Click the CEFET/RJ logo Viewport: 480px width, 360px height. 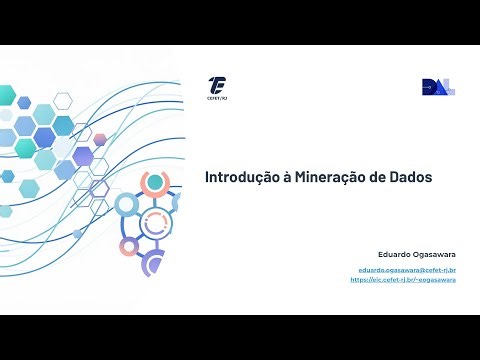(x=217, y=85)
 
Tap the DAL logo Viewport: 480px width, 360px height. (x=438, y=87)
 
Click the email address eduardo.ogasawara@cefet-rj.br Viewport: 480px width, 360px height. (x=408, y=270)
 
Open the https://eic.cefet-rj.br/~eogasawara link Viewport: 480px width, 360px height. (x=403, y=280)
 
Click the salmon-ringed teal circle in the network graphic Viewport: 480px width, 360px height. (x=154, y=183)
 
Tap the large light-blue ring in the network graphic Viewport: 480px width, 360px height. (x=126, y=206)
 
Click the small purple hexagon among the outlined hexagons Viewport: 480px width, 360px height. (x=99, y=139)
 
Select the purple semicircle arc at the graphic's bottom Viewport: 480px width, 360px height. (x=151, y=264)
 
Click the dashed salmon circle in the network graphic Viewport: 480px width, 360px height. (x=151, y=226)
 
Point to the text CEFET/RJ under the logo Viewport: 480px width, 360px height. (x=217, y=98)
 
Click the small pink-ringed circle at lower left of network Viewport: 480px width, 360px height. (x=127, y=246)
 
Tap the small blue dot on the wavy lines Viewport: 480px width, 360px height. (x=77, y=234)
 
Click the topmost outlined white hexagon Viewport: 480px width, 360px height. (x=63, y=99)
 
